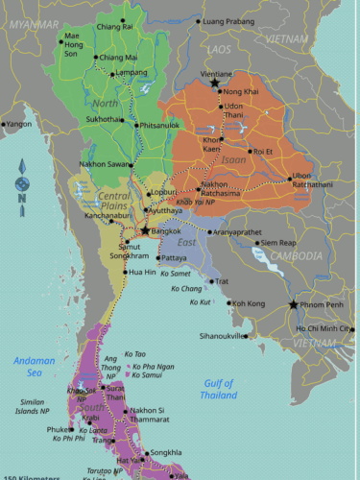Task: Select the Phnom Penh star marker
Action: (294, 305)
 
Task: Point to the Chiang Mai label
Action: (117, 58)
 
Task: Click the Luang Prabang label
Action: (228, 20)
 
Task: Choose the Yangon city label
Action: (19, 124)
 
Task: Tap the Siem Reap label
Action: (279, 243)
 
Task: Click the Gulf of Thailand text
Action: (219, 388)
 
